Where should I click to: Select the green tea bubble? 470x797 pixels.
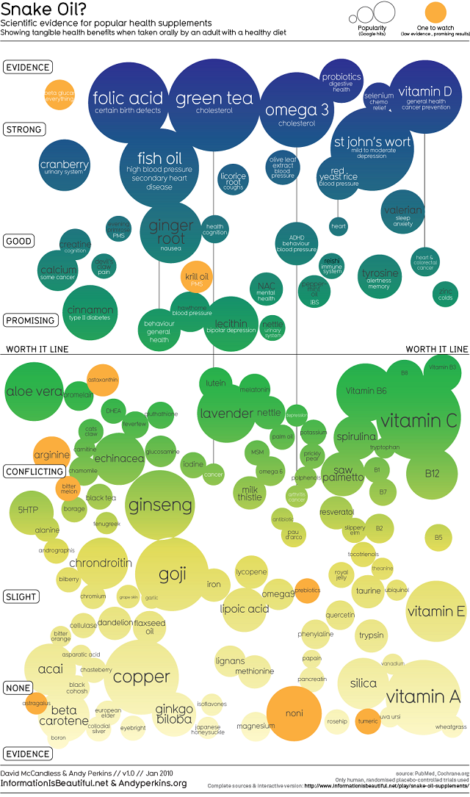click(214, 99)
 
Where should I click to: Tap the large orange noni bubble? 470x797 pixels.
click(294, 713)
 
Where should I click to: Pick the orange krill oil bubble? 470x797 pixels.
click(197, 278)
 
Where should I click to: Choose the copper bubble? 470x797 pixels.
click(141, 677)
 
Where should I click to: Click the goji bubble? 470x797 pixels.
click(172, 575)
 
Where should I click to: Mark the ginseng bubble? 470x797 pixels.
click(159, 505)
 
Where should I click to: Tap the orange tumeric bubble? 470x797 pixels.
click(367, 721)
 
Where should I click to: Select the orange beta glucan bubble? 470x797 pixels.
click(59, 96)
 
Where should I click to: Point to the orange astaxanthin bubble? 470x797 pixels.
click(103, 380)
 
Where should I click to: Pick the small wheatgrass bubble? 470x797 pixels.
click(450, 726)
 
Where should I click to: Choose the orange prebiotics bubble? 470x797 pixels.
click(307, 590)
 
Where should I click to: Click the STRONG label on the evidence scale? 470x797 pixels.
click(23, 129)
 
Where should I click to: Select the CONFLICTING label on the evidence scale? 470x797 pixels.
click(33, 471)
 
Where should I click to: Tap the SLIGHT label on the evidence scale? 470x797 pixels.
click(21, 596)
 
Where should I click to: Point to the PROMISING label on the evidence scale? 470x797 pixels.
click(30, 320)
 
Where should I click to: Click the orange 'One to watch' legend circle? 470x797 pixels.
click(435, 12)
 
